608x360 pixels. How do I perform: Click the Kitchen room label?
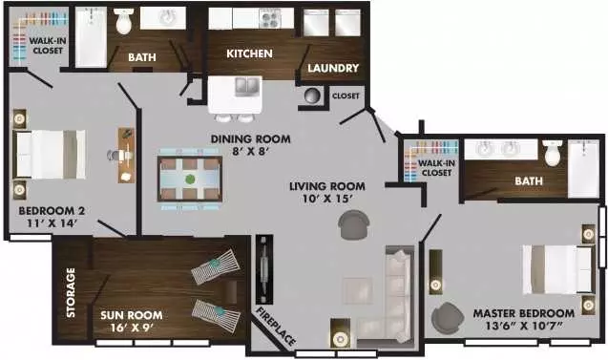pyautogui.click(x=249, y=53)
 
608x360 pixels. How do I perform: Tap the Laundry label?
pyautogui.click(x=333, y=69)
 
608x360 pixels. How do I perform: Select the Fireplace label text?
pyautogui.click(x=276, y=326)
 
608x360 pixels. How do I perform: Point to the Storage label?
pyautogui.click(x=71, y=292)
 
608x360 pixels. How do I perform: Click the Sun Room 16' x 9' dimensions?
pyautogui.click(x=132, y=328)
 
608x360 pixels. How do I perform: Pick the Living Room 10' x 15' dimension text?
pyautogui.click(x=327, y=199)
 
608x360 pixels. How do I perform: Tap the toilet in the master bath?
pyautogui.click(x=553, y=153)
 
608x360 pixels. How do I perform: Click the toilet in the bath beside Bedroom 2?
pyautogui.click(x=124, y=21)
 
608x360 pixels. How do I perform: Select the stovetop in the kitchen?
pyautogui.click(x=270, y=18)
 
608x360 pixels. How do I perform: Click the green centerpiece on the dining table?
pyautogui.click(x=190, y=180)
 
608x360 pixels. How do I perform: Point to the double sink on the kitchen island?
pyautogui.click(x=247, y=86)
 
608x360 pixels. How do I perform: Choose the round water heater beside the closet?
pyautogui.click(x=312, y=95)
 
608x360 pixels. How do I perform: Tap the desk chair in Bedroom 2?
pyautogui.click(x=114, y=155)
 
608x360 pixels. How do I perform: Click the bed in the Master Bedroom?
pyautogui.click(x=558, y=269)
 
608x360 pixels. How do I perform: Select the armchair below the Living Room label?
pyautogui.click(x=353, y=224)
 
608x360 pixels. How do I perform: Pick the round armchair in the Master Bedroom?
pyautogui.click(x=447, y=317)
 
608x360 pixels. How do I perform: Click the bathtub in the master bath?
pyautogui.click(x=583, y=168)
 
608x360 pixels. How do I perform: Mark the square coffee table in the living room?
pyautogui.click(x=358, y=290)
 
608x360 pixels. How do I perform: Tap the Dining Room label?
pyautogui.click(x=250, y=138)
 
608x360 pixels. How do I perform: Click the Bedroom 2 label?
pyautogui.click(x=52, y=211)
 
